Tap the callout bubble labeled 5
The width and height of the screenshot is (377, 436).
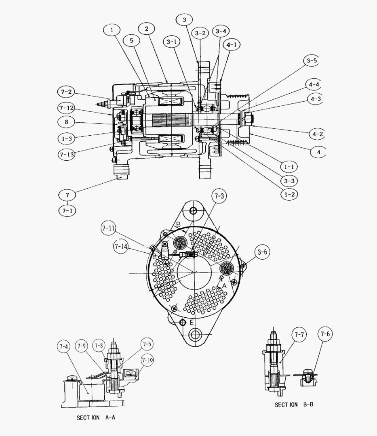131,40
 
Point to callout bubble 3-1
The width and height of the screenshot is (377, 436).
173,42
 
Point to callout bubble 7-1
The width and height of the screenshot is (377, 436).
67,210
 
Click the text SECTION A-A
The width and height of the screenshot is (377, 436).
96,418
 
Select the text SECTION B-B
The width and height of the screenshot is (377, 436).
294,405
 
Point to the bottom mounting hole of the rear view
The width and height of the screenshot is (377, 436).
196,335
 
